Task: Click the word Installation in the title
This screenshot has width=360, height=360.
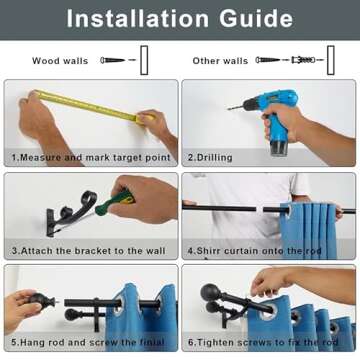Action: (x=137, y=19)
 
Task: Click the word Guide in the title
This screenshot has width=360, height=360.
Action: (x=256, y=19)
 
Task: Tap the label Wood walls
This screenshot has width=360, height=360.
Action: (x=60, y=61)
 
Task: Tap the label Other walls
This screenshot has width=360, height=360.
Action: (x=220, y=61)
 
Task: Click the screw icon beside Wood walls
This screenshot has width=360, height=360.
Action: (x=113, y=60)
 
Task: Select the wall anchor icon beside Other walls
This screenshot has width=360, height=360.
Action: (x=303, y=60)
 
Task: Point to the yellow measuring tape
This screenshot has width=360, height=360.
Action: (x=93, y=106)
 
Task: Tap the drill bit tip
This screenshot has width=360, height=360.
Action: (x=229, y=108)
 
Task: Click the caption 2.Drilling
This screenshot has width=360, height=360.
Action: (x=210, y=157)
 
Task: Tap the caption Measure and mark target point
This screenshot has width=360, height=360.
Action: (x=96, y=157)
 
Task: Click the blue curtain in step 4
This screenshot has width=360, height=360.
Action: (x=308, y=231)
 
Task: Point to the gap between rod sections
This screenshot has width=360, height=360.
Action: (x=260, y=209)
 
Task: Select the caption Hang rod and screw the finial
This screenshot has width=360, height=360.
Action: (x=92, y=342)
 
